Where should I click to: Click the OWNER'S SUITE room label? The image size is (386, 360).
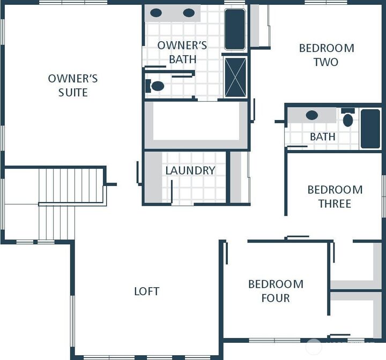tap(73, 86)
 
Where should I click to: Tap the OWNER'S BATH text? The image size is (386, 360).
tap(182, 52)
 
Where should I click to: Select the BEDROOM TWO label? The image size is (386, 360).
tap(326, 55)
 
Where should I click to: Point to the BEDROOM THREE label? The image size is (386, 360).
tap(335, 197)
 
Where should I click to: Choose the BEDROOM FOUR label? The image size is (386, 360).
tap(276, 291)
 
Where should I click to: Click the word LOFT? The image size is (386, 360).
tap(146, 291)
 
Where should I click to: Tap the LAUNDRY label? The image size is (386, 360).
tap(190, 170)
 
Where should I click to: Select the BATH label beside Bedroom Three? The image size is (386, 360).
tap(322, 137)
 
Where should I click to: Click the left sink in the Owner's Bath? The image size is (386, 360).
tap(156, 13)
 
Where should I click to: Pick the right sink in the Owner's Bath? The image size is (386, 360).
tap(189, 13)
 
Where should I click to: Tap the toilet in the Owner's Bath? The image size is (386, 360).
tap(155, 86)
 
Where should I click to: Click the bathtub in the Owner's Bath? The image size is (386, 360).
tap(234, 29)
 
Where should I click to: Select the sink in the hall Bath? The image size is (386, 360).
tap(311, 115)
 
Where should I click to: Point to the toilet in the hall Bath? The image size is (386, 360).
tap(348, 119)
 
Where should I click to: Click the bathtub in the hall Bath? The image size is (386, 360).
tap(370, 129)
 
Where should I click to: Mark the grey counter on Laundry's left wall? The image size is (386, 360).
tap(153, 177)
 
